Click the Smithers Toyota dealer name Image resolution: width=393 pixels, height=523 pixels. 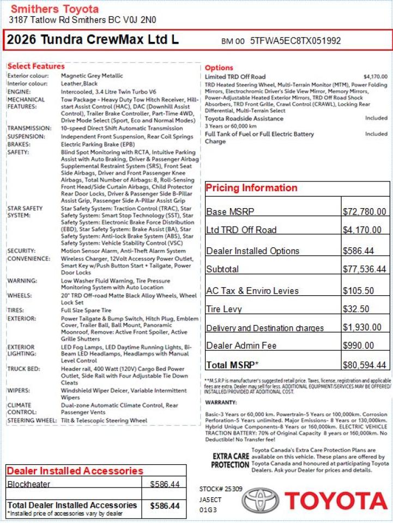coord(55,9)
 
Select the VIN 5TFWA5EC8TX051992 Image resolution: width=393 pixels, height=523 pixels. coord(296,41)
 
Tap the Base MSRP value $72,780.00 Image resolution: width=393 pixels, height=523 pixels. coord(364,212)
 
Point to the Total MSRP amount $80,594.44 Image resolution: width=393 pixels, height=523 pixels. coord(364,365)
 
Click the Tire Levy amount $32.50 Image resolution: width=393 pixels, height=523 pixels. coord(356,309)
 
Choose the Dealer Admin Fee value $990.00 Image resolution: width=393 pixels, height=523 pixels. coord(358,345)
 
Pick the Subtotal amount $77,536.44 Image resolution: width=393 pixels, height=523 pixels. coord(364,269)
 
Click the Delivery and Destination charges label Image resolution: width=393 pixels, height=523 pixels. coord(265,328)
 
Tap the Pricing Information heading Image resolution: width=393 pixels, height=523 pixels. coord(251,188)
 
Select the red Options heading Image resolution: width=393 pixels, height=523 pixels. coord(219,68)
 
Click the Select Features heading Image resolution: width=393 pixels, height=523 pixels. coord(36,66)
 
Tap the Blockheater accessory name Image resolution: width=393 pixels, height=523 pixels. coord(29,484)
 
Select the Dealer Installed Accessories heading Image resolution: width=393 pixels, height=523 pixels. coord(75,471)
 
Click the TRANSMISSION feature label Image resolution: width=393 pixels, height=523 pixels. coord(29,129)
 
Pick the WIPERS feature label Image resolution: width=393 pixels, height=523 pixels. coord(19,391)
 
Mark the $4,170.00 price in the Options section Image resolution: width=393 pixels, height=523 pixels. coord(375,77)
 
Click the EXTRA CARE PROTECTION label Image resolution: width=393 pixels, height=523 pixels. coord(230,460)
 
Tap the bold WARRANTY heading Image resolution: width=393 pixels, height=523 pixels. coord(221,402)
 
